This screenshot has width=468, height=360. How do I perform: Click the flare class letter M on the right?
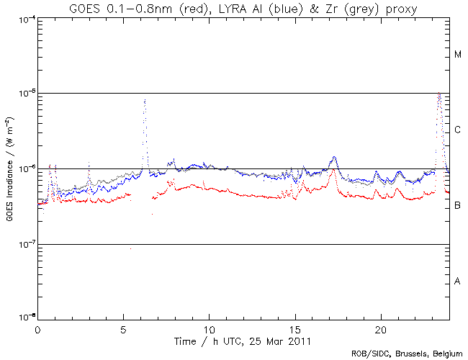coord(458,55)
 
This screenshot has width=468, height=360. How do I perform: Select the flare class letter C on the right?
coord(458,130)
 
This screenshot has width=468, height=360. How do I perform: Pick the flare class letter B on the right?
coord(458,206)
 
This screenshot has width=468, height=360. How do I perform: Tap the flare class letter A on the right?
coord(458,281)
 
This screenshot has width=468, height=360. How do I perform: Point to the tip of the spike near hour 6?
coord(145,100)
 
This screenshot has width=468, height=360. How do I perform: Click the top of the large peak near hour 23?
coord(439,94)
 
